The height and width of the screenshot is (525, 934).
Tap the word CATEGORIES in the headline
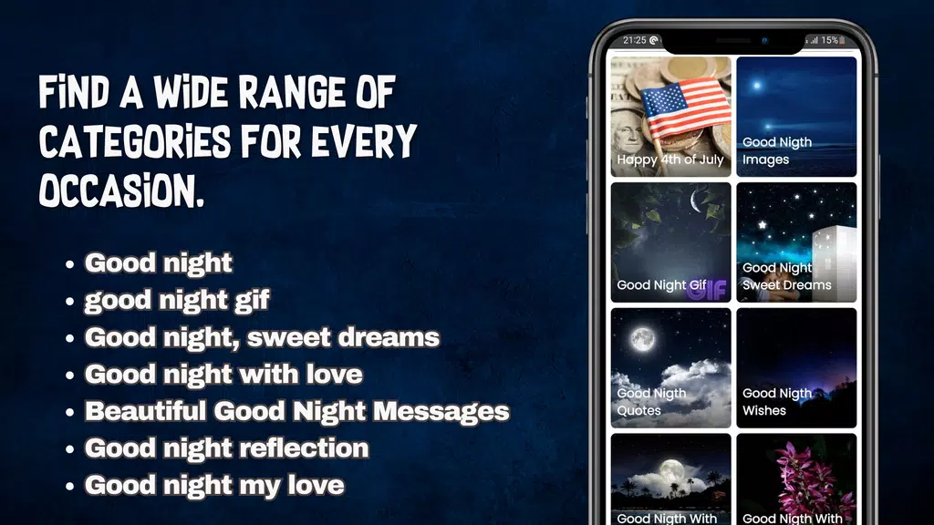(135, 141)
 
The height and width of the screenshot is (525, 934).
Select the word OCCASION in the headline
(121, 190)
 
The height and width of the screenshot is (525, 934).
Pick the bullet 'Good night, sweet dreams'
(262, 337)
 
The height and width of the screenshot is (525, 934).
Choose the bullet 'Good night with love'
(223, 375)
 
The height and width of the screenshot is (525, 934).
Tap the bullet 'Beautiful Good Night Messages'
(296, 411)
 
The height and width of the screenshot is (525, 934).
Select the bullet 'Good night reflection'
(226, 448)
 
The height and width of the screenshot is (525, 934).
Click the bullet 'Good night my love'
(213, 486)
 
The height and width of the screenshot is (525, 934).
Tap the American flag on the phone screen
(685, 110)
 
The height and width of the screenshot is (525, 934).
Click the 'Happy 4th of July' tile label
(670, 160)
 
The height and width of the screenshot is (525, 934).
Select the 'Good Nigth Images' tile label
(777, 150)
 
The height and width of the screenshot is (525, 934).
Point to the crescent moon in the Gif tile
(696, 201)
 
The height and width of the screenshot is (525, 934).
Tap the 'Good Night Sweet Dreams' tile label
(786, 276)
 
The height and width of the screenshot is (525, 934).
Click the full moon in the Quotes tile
(643, 339)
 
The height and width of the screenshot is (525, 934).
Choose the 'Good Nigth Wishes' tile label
(777, 402)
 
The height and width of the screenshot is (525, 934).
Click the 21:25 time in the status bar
(635, 40)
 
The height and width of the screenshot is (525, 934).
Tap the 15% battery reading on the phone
(829, 40)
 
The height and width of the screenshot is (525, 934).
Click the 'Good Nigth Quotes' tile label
(651, 402)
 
